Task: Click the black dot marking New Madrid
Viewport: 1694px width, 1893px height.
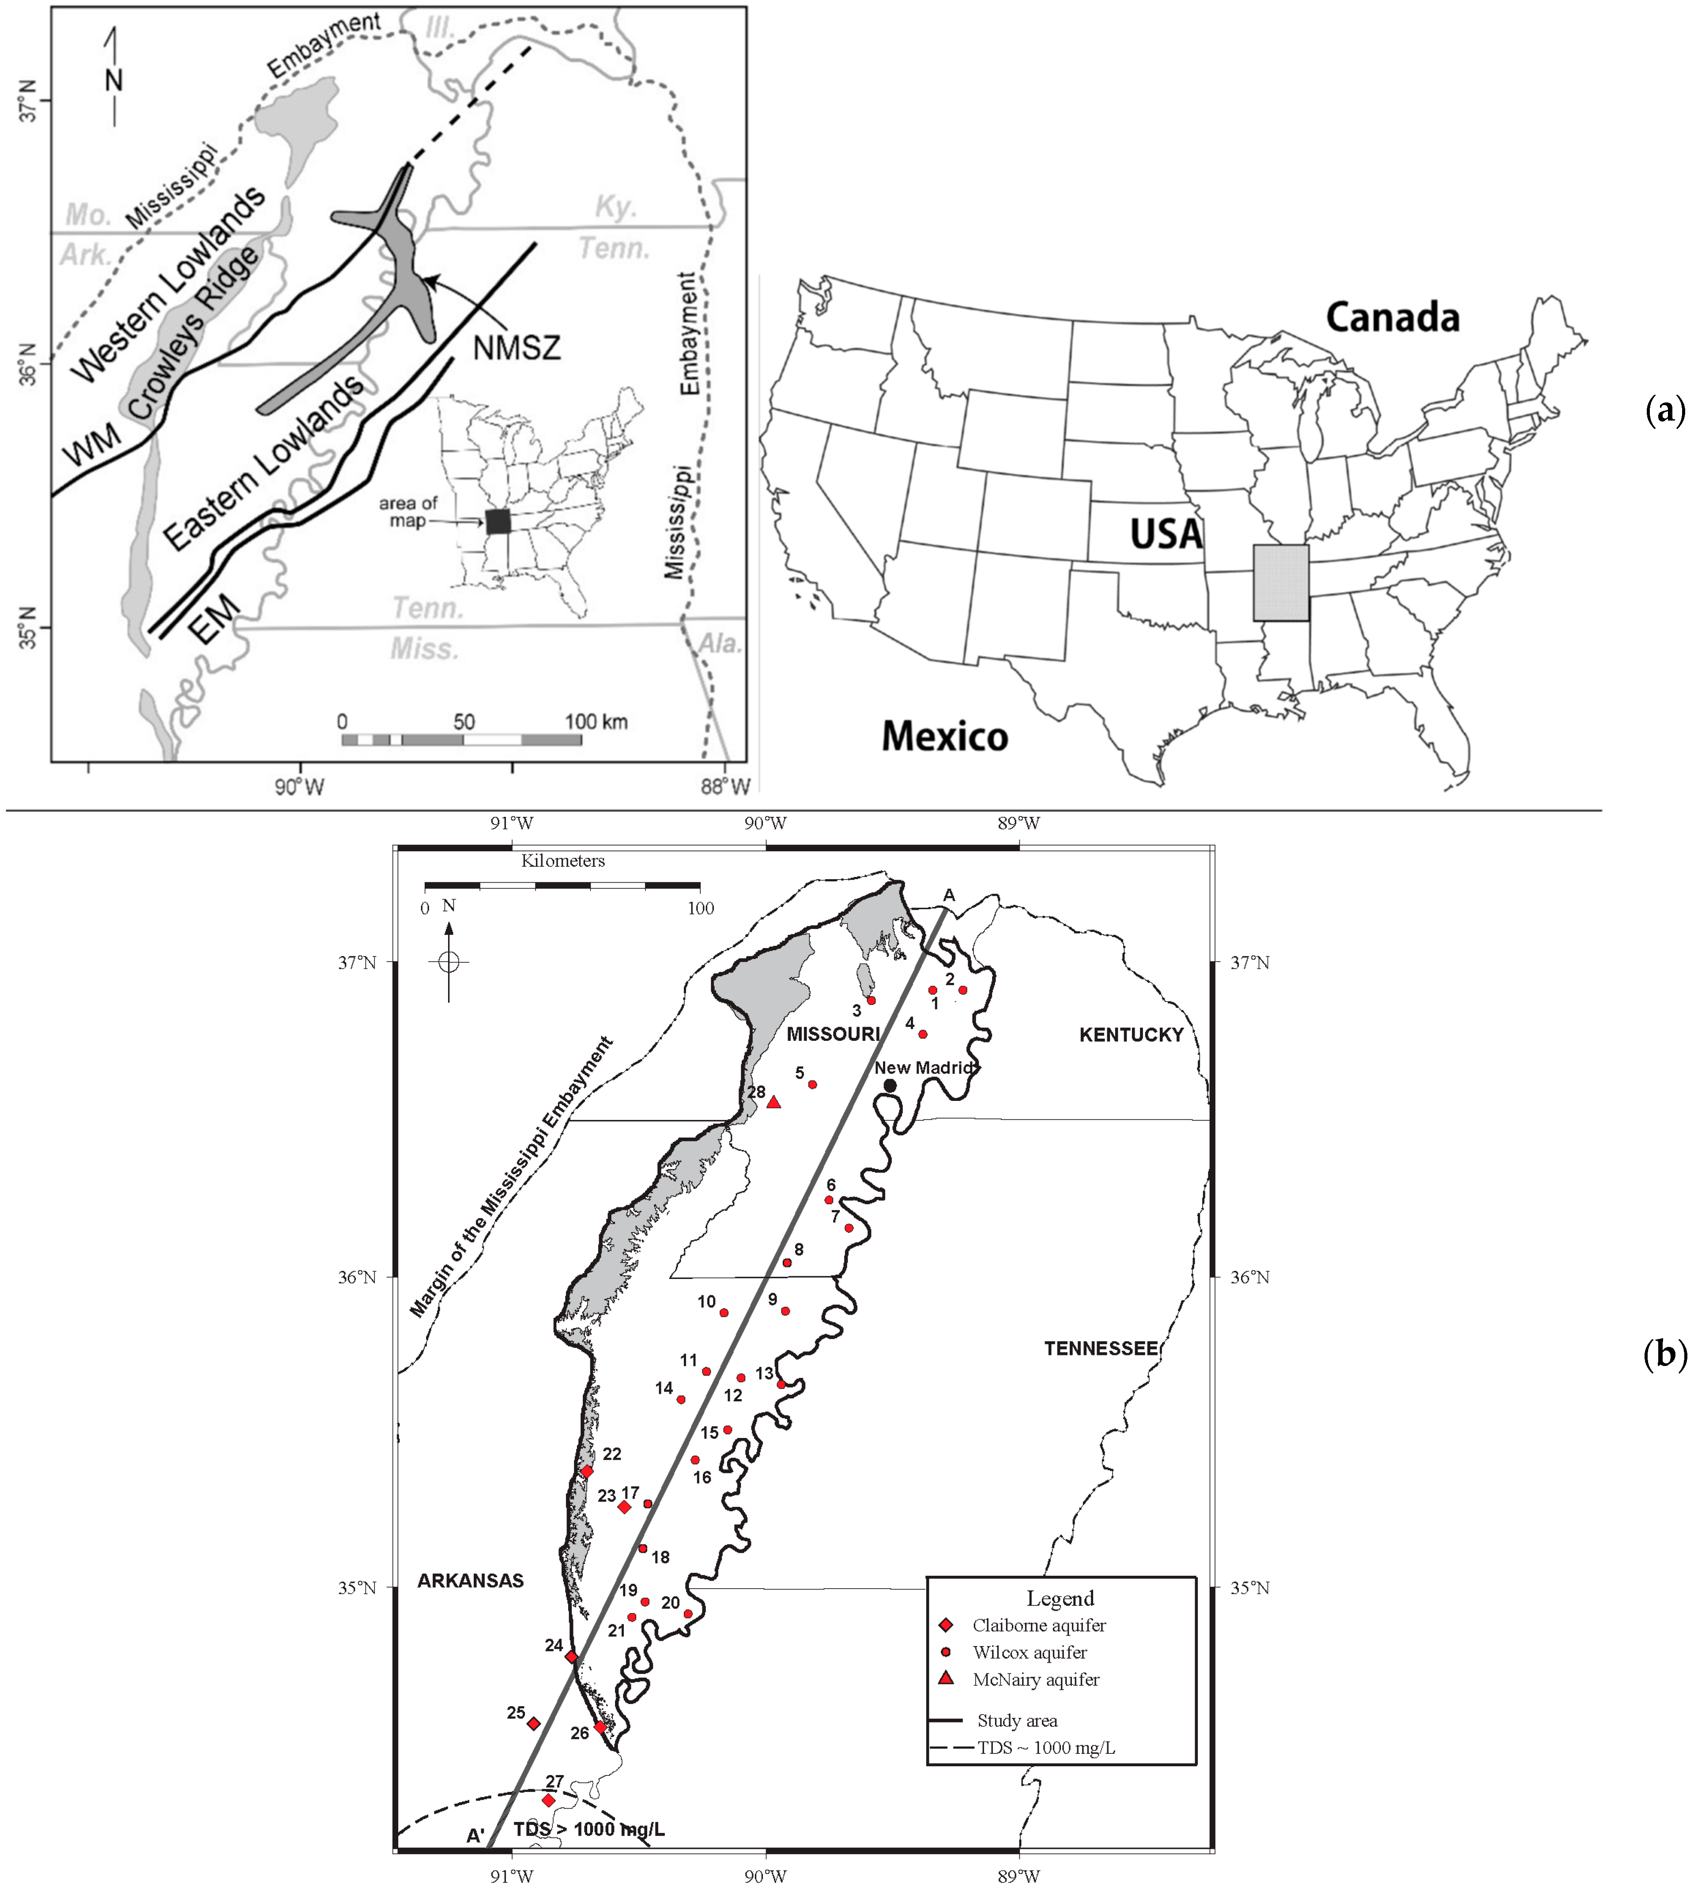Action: pos(890,1086)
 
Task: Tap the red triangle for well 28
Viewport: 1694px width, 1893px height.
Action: pos(773,1103)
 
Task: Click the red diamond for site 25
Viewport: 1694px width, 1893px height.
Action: pos(533,1723)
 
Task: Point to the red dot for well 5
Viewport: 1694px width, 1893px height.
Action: pos(812,1085)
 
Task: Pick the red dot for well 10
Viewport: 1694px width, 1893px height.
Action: pos(724,1313)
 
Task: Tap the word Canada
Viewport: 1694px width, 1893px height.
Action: pos(1392,318)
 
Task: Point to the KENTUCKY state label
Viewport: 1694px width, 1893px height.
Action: pos(1131,1035)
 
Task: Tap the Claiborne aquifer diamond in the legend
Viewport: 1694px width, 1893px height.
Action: pos(946,1625)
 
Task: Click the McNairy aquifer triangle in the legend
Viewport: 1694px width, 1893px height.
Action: pos(946,1679)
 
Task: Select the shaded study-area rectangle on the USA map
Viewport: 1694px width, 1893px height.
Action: pos(1281,583)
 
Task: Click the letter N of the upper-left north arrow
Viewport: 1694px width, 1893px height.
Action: pos(113,80)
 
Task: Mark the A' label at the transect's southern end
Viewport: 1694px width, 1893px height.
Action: pos(475,1835)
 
